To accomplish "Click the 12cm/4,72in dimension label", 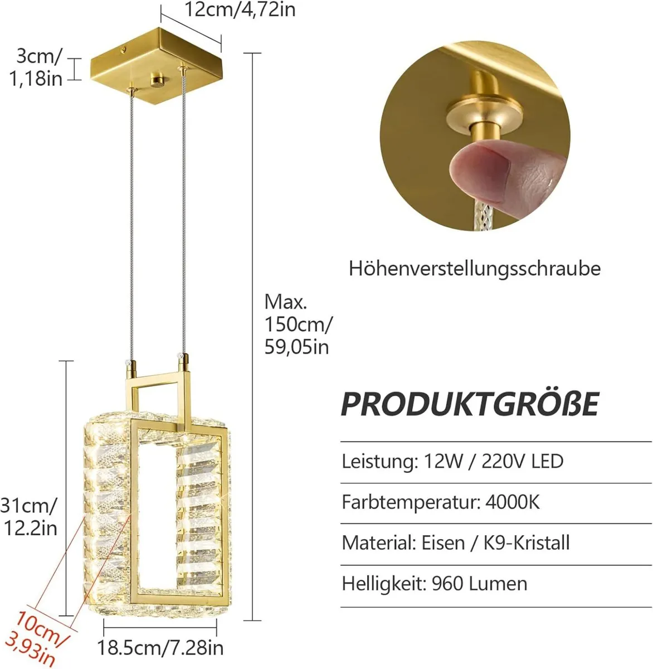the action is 240,9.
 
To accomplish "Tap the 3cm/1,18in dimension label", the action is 36,67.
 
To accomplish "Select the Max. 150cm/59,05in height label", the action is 298,324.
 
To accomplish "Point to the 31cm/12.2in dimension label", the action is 29,516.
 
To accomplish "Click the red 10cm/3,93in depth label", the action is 38,639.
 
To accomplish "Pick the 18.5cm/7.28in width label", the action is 160,648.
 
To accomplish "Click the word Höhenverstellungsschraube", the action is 475,269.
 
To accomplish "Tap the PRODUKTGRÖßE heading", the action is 470,404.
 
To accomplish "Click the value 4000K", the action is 512,502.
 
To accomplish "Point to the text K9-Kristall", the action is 527,543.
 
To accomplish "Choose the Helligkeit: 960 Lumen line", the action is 434,584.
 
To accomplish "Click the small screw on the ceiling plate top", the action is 123,50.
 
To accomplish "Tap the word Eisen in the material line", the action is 443,543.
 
